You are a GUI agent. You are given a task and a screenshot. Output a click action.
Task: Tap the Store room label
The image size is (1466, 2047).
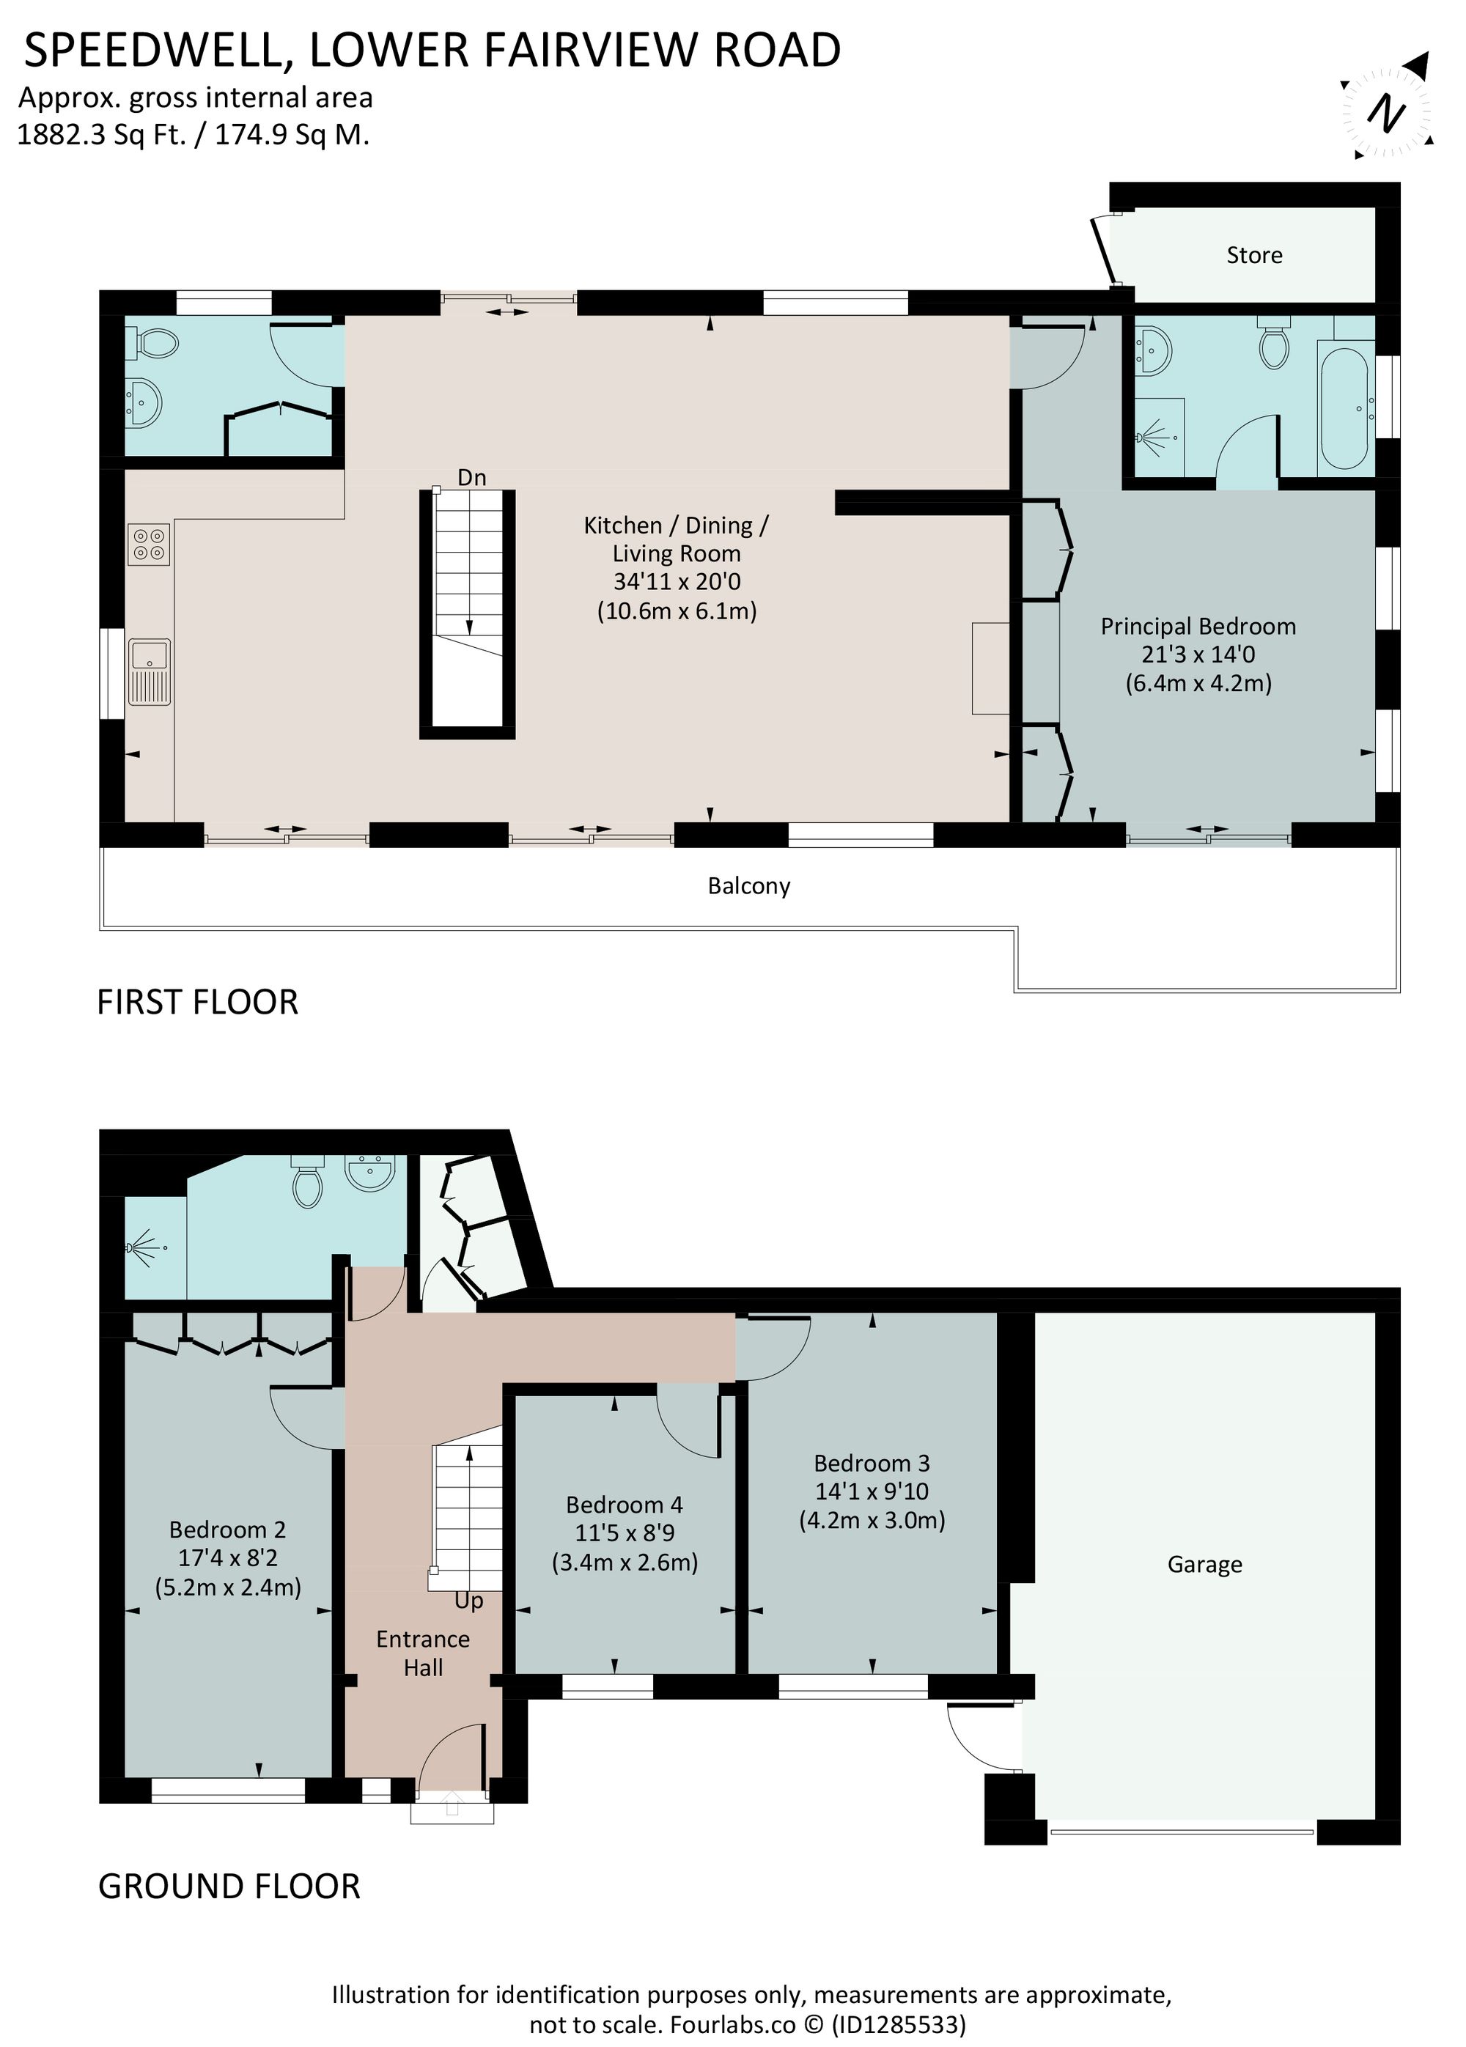point(1254,256)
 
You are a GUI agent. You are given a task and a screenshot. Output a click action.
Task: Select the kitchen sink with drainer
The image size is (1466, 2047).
point(150,671)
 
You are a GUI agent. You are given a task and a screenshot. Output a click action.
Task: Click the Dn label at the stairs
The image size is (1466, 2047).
point(471,477)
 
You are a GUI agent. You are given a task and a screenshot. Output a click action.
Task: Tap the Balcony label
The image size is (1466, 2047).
point(748,886)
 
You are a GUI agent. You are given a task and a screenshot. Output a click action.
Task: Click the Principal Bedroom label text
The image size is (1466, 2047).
point(1197,627)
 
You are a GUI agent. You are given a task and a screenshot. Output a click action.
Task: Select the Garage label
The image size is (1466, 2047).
point(1204,1564)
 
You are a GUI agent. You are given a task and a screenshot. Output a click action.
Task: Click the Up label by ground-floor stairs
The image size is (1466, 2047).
point(468,1600)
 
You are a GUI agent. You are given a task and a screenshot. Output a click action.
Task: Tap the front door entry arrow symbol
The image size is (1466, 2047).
point(452,1805)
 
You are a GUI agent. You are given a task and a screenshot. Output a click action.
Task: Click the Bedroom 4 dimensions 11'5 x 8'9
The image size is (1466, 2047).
point(624,1533)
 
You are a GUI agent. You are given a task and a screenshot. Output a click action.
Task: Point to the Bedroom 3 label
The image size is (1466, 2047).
point(871,1462)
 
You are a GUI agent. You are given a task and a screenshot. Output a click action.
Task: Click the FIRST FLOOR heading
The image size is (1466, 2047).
point(196,1003)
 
